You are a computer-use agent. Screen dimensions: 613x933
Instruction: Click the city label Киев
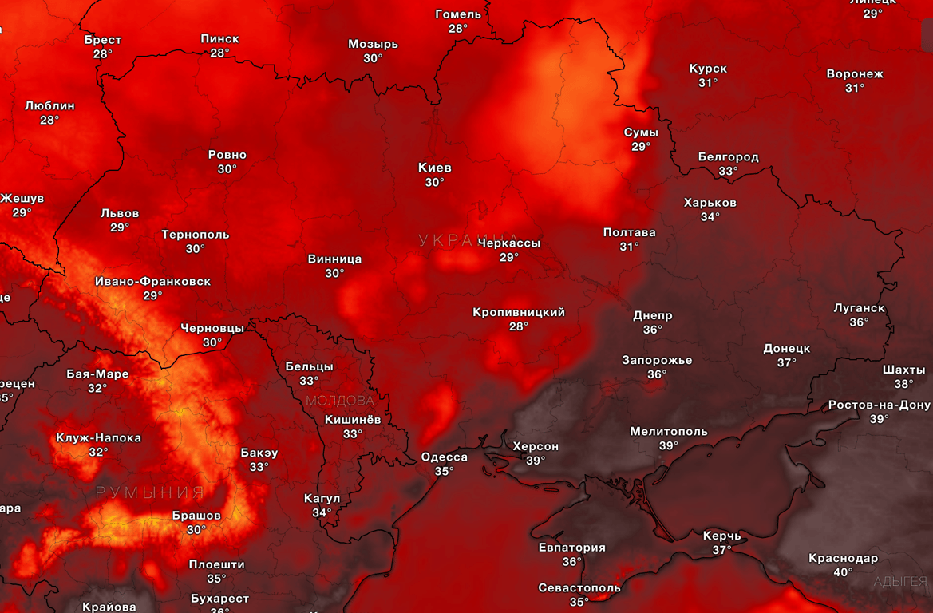[435, 168]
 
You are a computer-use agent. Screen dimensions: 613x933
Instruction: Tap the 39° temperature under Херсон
[536, 461]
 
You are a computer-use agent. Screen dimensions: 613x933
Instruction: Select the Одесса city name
[445, 457]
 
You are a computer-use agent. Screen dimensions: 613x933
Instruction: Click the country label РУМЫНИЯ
[150, 492]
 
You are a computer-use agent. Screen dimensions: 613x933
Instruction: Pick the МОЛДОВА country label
[340, 401]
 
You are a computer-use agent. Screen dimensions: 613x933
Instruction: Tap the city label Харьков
[710, 203]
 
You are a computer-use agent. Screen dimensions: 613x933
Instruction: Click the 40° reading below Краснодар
[843, 572]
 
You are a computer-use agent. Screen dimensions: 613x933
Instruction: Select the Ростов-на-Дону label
[880, 405]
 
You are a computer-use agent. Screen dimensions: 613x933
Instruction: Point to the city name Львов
[120, 213]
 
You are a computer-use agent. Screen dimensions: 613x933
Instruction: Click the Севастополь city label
[579, 588]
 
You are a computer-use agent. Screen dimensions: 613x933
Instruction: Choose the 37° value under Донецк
[787, 362]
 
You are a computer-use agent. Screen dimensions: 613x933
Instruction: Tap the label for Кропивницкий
[519, 312]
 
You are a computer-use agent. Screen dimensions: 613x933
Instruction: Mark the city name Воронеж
[855, 74]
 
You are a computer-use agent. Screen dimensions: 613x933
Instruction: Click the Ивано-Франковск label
[152, 281]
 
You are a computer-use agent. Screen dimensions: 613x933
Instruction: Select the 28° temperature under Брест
[103, 54]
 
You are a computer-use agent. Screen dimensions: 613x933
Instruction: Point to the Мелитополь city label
[669, 432]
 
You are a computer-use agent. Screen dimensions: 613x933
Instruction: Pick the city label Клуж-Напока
[98, 437]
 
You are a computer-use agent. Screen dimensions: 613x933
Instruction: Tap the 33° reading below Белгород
[728, 171]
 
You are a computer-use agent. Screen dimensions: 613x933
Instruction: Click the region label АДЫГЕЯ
[900, 582]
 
